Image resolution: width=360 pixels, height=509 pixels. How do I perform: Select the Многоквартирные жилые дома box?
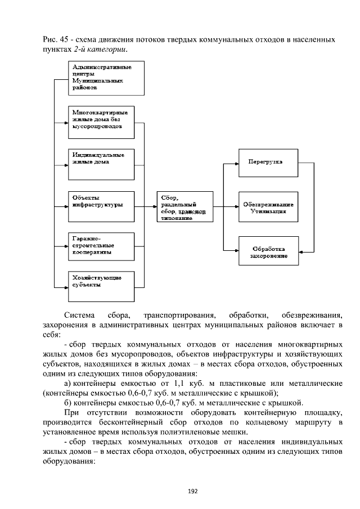click(x=102, y=121)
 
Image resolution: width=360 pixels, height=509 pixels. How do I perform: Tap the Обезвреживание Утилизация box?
click(x=265, y=206)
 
